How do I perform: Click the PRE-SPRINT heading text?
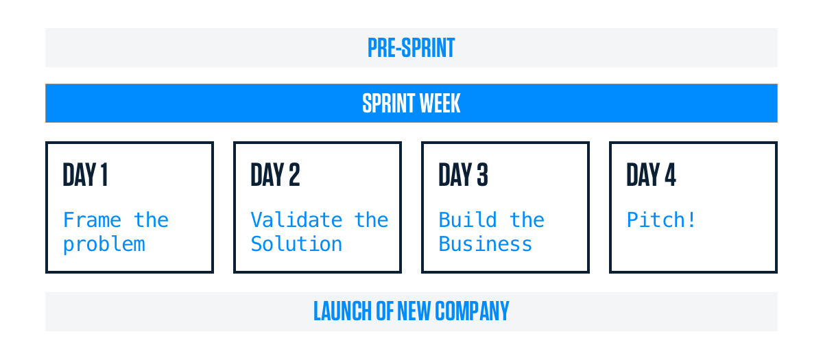point(411,48)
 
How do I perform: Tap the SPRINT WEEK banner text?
point(411,104)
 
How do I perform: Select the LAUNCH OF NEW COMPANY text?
point(411,311)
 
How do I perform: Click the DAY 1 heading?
point(85,175)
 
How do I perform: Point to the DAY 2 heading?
point(275,175)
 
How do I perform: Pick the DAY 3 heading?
point(464,175)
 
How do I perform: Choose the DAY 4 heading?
point(651,175)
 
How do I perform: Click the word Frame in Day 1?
point(92,219)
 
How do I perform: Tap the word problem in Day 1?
point(104,245)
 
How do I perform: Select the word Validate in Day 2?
point(296,219)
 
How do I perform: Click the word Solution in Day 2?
point(296,244)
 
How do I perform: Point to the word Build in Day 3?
point(468,219)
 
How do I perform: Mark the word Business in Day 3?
point(486,244)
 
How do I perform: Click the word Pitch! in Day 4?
point(661,219)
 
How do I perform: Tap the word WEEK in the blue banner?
point(440,104)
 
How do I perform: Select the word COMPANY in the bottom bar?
point(472,311)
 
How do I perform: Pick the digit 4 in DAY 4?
point(671,175)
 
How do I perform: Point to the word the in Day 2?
point(371,219)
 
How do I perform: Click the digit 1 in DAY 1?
point(104,175)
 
